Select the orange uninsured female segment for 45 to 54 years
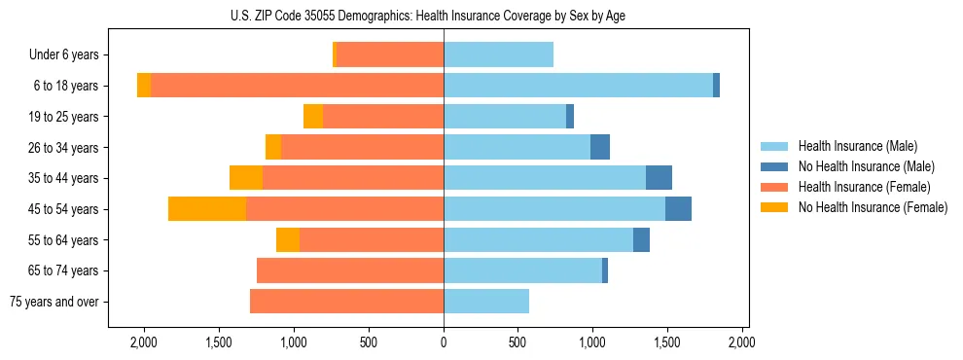coord(207,209)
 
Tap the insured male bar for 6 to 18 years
coord(578,86)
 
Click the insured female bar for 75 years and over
coord(346,302)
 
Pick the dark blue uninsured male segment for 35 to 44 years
coord(659,178)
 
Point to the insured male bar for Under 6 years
coord(498,54)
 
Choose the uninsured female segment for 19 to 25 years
coord(313,117)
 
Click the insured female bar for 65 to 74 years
coord(350,270)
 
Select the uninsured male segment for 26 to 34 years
coord(600,147)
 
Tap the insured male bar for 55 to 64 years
coord(538,240)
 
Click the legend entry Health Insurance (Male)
coord(856,146)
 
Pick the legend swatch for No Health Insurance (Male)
coord(775,166)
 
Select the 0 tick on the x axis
coord(444,342)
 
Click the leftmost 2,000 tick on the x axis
coord(144,342)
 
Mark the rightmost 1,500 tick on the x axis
coord(666,342)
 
